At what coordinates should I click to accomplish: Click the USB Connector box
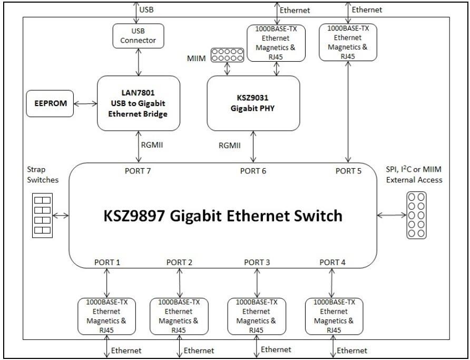coord(138,34)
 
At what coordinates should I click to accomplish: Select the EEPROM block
coord(51,103)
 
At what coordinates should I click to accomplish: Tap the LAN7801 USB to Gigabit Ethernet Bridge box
coord(139,103)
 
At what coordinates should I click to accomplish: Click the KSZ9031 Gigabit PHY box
coord(253,103)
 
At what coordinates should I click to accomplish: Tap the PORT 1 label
coord(107,262)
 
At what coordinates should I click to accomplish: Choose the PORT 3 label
coord(257,262)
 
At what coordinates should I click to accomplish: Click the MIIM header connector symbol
coord(227,54)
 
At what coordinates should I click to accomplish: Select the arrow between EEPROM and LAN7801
coord(86,104)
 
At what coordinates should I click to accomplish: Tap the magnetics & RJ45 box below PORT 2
coord(179,316)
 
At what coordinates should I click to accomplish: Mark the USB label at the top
coord(146,9)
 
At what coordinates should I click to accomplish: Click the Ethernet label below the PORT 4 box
coord(352,351)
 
